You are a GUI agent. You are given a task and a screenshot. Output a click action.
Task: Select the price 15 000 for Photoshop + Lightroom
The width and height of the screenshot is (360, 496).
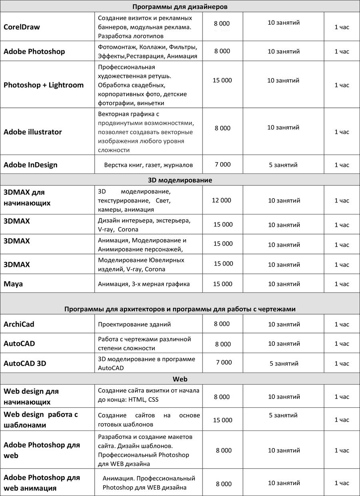[x=222, y=80]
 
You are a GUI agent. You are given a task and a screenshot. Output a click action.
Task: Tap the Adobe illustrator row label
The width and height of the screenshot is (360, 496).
[x=33, y=132]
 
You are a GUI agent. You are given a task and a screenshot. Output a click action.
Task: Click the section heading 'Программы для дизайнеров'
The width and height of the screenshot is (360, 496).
[x=180, y=7]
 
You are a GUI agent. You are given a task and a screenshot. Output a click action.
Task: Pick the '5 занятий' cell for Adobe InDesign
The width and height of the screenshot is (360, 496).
[x=283, y=165]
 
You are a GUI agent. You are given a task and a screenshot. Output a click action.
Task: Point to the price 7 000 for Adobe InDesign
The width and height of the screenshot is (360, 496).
[x=223, y=165]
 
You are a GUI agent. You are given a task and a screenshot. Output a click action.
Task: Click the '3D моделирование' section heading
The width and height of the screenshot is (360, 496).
[x=180, y=180]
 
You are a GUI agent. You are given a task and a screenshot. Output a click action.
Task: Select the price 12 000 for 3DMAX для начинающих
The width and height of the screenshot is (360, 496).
[x=221, y=200]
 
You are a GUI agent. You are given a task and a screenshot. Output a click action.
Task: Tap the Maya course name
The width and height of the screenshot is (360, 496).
[x=13, y=284]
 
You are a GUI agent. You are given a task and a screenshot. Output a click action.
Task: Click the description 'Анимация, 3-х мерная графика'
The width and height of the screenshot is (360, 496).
[x=144, y=284]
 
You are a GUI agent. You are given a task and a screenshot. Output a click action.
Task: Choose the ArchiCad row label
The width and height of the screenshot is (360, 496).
[x=19, y=324]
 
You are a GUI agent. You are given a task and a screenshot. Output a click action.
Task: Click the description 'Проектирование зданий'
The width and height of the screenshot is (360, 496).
[x=134, y=324]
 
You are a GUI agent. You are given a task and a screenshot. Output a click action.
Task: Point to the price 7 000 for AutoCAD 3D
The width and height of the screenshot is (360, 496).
[x=224, y=362]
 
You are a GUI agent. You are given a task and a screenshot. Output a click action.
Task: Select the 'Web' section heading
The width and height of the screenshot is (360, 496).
[x=180, y=379]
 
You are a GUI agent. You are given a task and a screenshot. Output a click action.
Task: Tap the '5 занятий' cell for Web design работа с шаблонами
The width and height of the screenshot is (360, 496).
[x=283, y=415]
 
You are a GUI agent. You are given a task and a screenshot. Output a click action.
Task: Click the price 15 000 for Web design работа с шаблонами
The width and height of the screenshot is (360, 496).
[x=223, y=420]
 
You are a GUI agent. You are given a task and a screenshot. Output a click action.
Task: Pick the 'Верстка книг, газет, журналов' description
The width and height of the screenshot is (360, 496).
[x=148, y=165]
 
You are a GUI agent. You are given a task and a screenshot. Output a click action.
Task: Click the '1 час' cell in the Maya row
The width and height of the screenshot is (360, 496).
[x=342, y=284]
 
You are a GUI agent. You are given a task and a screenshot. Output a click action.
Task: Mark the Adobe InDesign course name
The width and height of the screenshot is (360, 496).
[x=30, y=165]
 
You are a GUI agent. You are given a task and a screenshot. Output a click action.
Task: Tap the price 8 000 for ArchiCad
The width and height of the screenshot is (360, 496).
[x=222, y=324]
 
